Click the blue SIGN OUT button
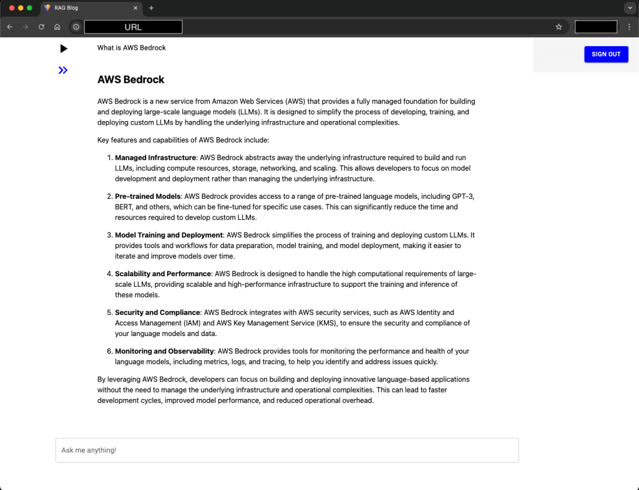606,54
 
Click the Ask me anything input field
287,450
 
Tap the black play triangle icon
64,49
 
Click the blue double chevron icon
63,70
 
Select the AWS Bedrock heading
131,80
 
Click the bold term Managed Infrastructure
155,158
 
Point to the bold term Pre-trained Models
148,196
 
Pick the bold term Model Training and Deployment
168,235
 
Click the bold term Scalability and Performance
163,274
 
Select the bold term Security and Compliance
157,312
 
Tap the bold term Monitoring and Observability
164,351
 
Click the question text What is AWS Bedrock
132,48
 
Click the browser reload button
41,27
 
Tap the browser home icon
57,27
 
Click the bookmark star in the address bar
559,27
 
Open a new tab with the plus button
151,8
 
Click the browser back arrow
10,27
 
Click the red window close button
11,8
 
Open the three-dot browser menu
629,27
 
